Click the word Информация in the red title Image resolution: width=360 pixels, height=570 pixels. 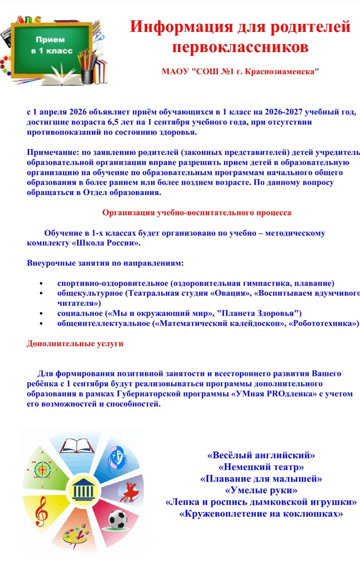[x=181, y=27]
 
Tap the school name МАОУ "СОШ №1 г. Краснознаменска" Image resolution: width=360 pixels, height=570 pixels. [x=240, y=72]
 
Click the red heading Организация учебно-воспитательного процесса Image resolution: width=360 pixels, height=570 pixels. [x=196, y=213]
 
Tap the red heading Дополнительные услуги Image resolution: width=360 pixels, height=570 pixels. [x=75, y=344]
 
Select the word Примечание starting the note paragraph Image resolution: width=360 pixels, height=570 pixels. [x=53, y=153]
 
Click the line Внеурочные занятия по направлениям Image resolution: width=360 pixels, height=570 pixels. [x=105, y=263]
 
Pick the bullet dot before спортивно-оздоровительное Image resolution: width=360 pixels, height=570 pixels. [x=41, y=284]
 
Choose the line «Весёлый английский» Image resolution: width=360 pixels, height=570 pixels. [x=261, y=455]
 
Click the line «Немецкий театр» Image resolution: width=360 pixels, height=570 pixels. [x=261, y=467]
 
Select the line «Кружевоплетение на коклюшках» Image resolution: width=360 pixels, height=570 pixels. [x=261, y=513]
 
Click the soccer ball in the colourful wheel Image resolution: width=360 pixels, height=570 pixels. [x=118, y=520]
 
